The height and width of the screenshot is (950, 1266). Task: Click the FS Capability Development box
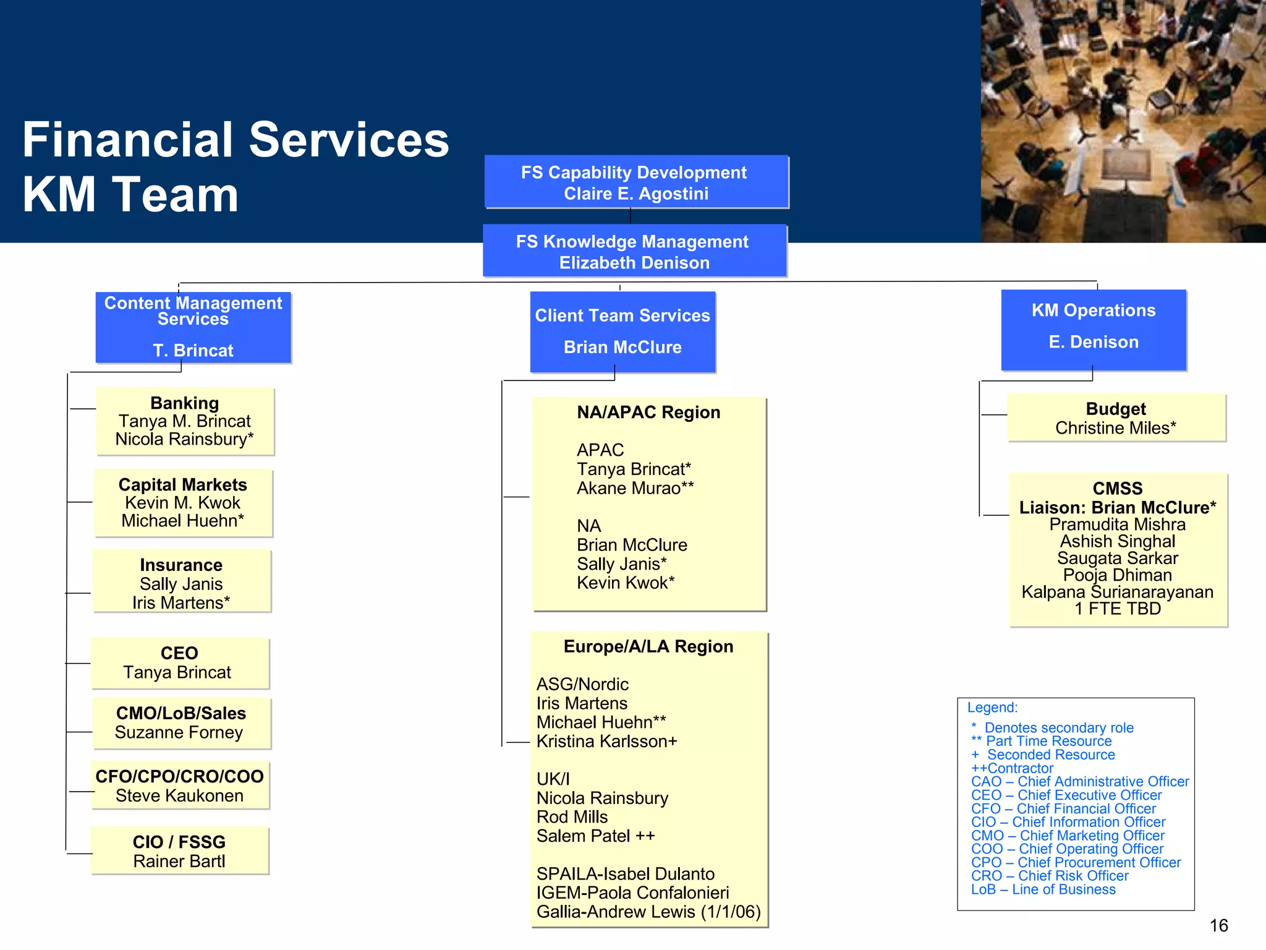636,182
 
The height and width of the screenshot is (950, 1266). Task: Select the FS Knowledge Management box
634,251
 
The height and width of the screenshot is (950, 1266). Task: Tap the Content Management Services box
193,327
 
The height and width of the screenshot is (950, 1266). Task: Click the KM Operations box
1093,330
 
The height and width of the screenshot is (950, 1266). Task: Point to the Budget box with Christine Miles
1116,418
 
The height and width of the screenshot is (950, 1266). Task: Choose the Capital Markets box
183,502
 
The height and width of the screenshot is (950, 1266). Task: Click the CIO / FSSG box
179,851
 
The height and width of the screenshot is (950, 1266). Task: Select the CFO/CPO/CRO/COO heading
179,776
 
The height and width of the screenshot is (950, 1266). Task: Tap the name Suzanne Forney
179,732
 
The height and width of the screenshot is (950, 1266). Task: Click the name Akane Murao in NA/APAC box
635,488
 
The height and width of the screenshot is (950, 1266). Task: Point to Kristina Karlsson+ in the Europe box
606,741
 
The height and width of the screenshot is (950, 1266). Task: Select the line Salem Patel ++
595,836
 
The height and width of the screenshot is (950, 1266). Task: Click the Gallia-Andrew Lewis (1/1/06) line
648,912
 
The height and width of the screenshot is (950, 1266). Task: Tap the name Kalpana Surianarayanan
1117,592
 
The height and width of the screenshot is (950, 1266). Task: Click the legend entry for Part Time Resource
1048,741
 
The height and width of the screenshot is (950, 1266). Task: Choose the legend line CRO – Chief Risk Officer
1049,876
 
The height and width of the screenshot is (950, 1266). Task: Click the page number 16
1218,925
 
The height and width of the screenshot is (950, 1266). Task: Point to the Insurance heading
181,565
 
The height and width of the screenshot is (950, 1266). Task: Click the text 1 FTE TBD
1117,609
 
